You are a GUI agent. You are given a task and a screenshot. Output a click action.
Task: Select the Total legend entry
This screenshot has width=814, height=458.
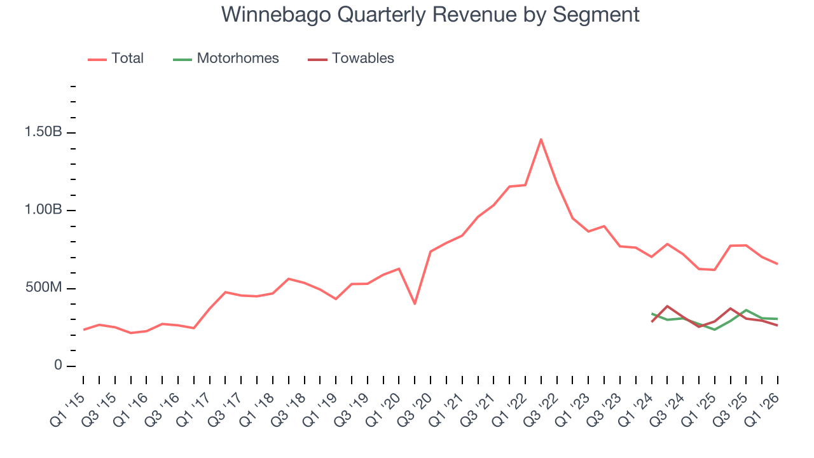127,59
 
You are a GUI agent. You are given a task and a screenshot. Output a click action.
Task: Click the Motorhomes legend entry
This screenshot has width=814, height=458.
238,59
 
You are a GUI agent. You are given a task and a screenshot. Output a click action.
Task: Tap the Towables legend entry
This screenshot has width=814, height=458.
362,59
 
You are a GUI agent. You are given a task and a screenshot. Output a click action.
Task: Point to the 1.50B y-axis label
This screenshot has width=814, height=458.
43,133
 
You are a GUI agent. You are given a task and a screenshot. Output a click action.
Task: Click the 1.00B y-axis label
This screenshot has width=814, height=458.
43,211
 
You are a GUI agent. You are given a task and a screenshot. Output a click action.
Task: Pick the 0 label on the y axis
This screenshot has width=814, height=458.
58,366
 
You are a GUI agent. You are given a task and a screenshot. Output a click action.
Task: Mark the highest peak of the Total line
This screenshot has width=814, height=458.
541,139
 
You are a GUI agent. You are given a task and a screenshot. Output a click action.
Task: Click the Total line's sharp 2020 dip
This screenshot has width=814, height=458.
415,303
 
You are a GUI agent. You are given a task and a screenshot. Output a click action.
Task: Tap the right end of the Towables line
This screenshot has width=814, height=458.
777,326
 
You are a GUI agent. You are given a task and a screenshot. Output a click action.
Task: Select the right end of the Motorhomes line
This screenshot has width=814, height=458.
777,319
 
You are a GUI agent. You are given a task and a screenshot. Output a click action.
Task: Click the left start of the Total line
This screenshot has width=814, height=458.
84,330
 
